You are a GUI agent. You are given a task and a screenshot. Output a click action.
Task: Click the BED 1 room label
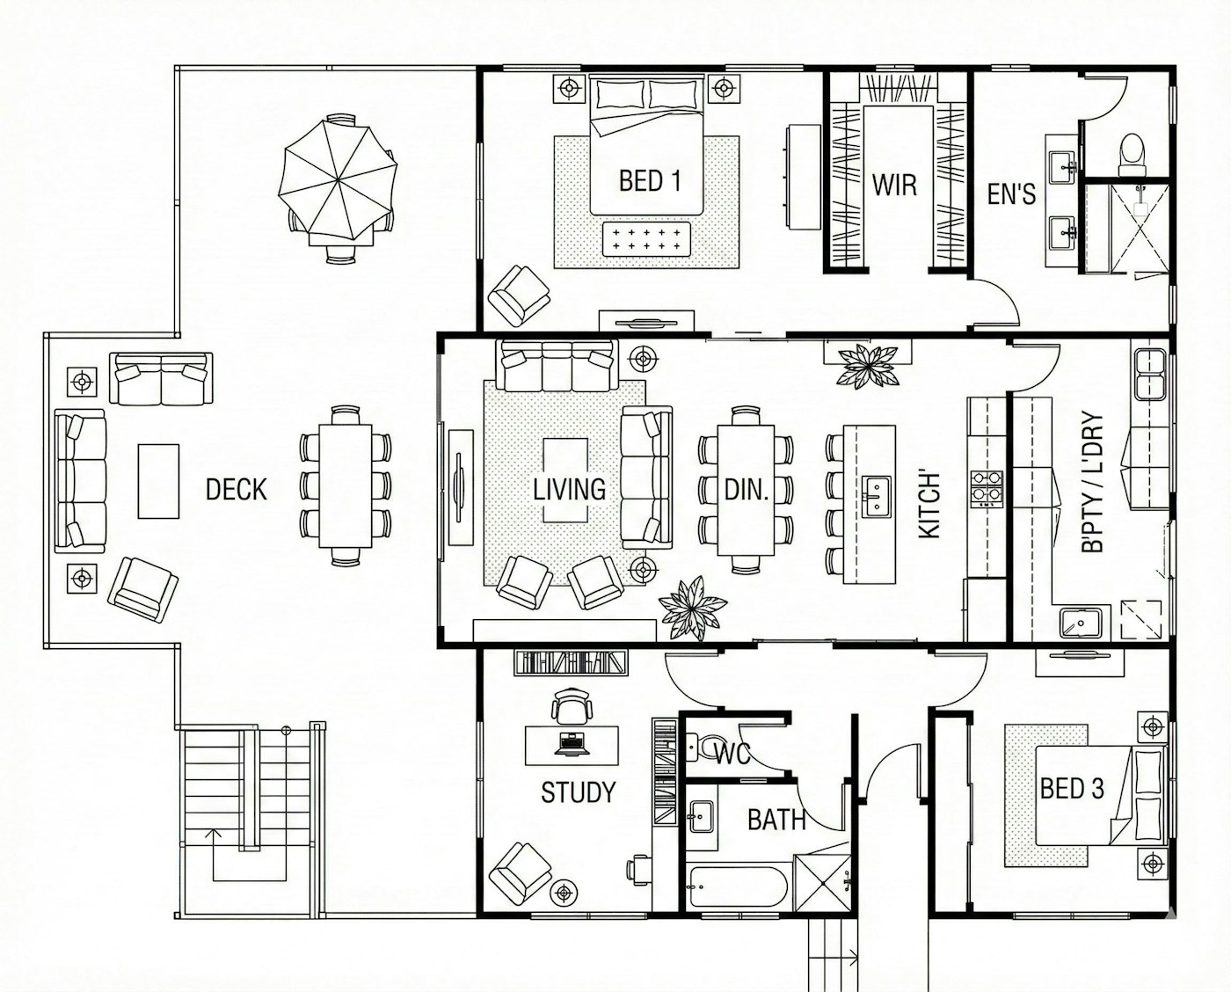(650, 181)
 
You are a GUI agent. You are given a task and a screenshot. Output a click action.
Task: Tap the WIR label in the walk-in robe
(894, 185)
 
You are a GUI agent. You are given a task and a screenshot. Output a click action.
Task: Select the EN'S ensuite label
(1011, 193)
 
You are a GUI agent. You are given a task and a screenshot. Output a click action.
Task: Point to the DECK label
(236, 490)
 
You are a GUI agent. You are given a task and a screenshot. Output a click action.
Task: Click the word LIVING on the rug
(569, 490)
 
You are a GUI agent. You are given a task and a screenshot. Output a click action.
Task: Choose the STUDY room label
(578, 792)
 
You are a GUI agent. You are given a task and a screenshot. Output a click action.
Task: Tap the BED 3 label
(1071, 788)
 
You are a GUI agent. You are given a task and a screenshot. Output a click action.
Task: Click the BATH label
(776, 821)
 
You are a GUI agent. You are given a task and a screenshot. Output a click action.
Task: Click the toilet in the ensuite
(1132, 155)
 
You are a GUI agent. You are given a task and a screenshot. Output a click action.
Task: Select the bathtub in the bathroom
(738, 886)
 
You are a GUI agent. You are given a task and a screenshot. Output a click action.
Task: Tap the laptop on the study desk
(572, 744)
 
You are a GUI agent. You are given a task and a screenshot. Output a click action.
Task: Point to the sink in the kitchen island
(876, 496)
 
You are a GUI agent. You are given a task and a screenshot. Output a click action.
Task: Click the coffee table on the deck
(158, 482)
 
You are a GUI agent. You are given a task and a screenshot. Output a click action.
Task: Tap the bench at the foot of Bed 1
(645, 240)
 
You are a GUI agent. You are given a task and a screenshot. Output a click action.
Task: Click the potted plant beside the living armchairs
(692, 609)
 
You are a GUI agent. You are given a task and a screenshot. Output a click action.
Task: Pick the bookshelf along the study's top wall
(571, 662)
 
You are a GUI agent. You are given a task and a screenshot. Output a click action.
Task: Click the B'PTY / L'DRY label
(1092, 482)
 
